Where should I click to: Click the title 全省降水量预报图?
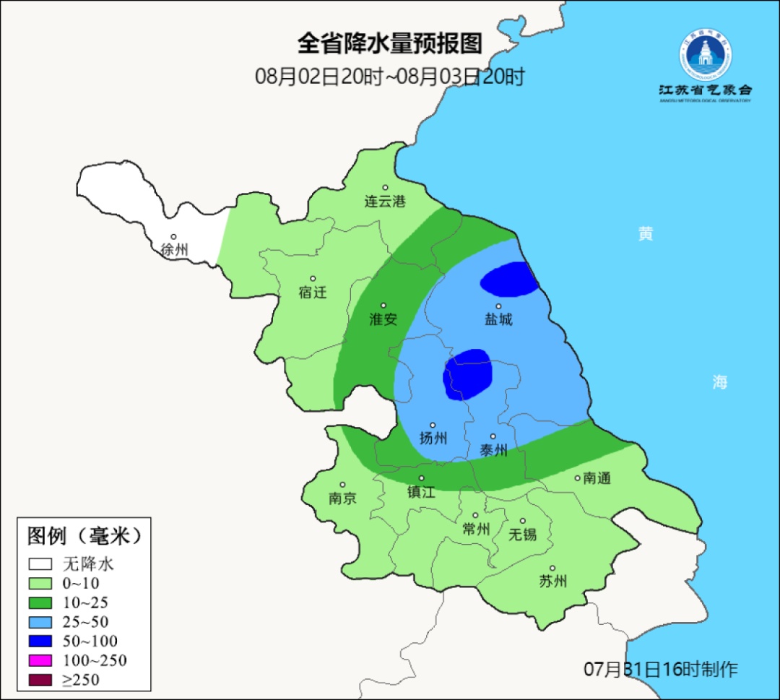pos(389,44)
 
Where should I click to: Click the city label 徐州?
pos(174,250)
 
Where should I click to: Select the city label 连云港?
pos(384,202)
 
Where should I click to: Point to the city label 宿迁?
pos(313,293)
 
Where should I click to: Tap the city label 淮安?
pos(383,319)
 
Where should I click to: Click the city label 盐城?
pos(498,319)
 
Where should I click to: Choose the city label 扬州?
pos(433,438)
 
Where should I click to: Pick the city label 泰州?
pos(494,450)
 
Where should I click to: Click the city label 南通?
pos(597,478)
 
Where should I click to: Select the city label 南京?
pos(342,498)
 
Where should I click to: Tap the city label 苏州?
pos(553,582)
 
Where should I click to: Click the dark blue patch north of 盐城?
pos(510,280)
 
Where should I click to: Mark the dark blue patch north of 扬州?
pos(468,374)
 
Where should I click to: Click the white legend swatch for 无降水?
pos(40,563)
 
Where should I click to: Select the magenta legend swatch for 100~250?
pos(40,660)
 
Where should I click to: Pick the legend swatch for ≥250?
pos(40,679)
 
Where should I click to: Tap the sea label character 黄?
pos(645,234)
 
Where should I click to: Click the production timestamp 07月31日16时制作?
pos(661,669)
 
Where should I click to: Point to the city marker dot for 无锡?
pos(523,521)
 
